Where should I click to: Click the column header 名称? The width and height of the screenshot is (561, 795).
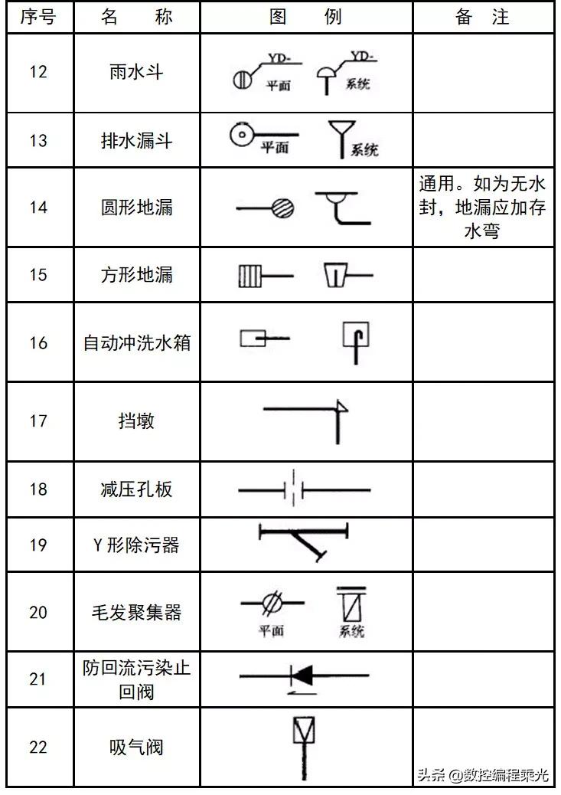click(137, 17)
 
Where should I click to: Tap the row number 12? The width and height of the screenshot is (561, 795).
click(38, 72)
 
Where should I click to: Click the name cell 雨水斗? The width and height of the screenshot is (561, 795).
click(137, 72)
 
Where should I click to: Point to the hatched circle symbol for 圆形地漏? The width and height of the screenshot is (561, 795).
click(282, 208)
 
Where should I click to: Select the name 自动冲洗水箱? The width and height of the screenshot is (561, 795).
click(137, 342)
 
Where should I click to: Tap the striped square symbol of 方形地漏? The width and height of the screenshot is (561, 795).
click(250, 274)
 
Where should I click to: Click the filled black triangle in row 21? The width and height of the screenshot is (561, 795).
click(303, 675)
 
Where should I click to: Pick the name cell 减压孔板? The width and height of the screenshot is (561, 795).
click(137, 489)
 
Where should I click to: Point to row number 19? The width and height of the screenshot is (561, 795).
click(38, 545)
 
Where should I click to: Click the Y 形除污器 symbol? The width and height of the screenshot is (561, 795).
click(305, 541)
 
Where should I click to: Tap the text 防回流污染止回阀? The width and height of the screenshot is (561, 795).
click(137, 679)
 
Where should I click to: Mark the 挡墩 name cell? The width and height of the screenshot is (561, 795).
click(137, 420)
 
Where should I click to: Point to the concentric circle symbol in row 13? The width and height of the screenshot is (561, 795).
click(241, 135)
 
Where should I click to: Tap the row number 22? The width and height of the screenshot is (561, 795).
click(38, 747)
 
